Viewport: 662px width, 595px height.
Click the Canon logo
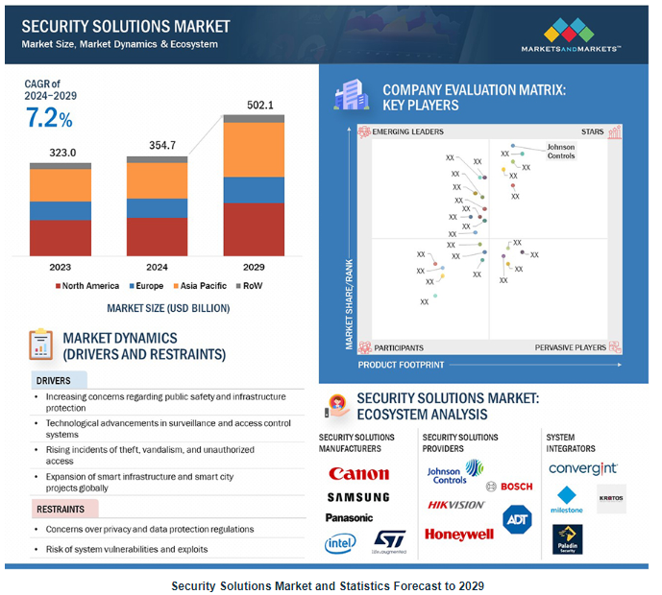click(358, 473)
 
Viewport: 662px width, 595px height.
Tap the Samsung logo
click(357, 497)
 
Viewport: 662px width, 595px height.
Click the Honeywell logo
click(458, 535)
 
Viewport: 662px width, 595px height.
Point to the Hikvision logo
click(455, 505)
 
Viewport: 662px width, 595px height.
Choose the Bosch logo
click(510, 487)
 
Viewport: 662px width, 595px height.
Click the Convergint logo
click(582, 468)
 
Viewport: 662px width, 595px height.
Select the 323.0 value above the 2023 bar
click(61, 153)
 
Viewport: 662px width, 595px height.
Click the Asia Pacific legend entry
click(199, 285)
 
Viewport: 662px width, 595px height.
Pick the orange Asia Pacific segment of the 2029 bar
click(254, 150)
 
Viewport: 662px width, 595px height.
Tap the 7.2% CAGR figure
click(48, 119)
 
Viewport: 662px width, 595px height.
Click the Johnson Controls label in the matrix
click(561, 151)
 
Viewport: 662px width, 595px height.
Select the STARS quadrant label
click(592, 131)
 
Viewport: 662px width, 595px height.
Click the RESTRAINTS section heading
click(61, 510)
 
